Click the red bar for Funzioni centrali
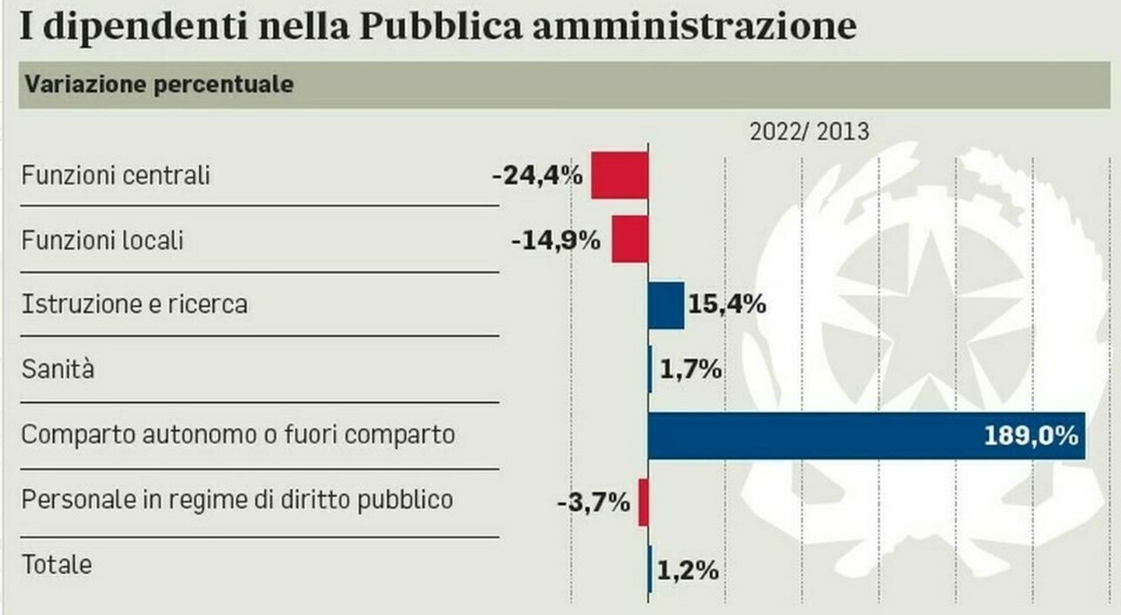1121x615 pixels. point(619,174)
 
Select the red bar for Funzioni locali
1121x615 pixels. point(630,239)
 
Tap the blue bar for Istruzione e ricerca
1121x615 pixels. point(666,305)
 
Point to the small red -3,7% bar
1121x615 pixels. point(643,502)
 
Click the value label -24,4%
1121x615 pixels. point(537,175)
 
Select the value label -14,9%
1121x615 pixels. point(556,240)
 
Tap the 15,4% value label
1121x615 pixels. point(728,305)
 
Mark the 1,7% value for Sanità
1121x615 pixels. point(691,370)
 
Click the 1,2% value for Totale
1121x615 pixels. point(688,571)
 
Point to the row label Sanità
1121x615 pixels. point(58,370)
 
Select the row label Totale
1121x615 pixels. point(57,565)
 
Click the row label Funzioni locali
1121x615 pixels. point(102,240)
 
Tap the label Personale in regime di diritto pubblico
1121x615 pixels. point(237,500)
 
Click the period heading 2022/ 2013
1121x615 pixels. point(809,131)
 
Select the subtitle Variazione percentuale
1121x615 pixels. point(159,85)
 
